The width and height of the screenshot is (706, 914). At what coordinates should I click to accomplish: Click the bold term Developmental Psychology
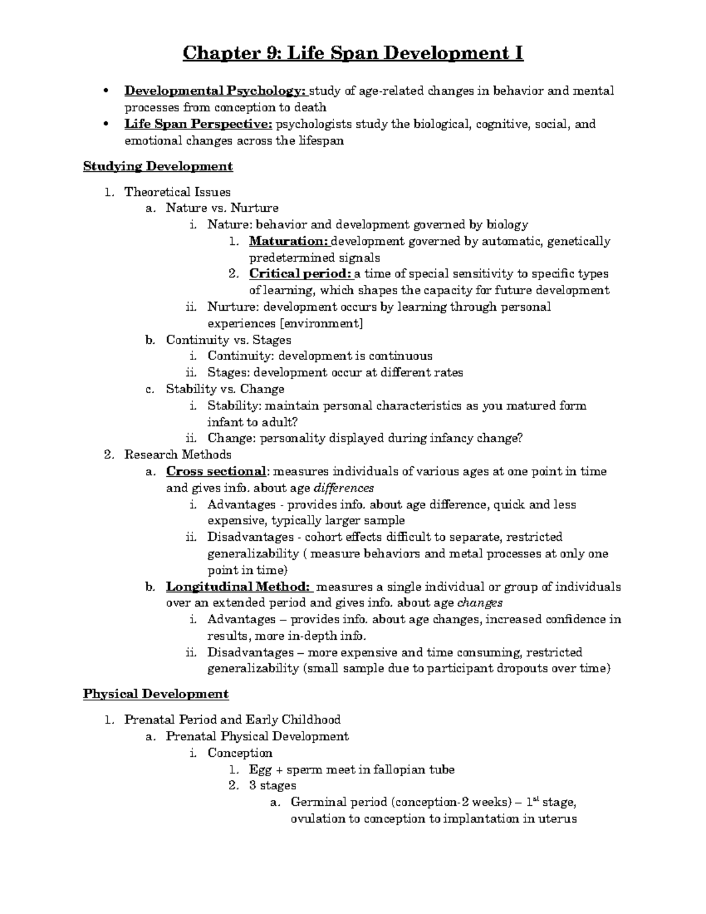[x=215, y=91]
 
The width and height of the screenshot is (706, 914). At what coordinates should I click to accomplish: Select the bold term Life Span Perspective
[x=198, y=124]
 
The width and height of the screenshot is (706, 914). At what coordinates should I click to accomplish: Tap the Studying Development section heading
[x=158, y=167]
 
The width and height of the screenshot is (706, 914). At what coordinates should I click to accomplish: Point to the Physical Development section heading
[x=155, y=694]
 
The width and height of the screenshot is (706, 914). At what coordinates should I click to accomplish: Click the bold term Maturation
[x=288, y=241]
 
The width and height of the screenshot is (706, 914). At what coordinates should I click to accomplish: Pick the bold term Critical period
[x=300, y=274]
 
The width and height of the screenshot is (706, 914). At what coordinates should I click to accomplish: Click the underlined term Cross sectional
[x=216, y=471]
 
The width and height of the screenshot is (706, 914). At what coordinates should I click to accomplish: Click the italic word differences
[x=344, y=488]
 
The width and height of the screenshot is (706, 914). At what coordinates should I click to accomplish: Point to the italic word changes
[x=480, y=603]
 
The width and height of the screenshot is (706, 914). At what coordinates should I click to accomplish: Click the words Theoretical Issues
[x=177, y=192]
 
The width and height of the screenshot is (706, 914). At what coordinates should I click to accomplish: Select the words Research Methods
[x=178, y=454]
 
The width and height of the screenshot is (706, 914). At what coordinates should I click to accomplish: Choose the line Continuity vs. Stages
[x=228, y=340]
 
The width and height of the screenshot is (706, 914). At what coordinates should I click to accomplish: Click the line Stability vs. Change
[x=225, y=389]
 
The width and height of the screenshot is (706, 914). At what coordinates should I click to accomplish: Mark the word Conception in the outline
[x=239, y=753]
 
